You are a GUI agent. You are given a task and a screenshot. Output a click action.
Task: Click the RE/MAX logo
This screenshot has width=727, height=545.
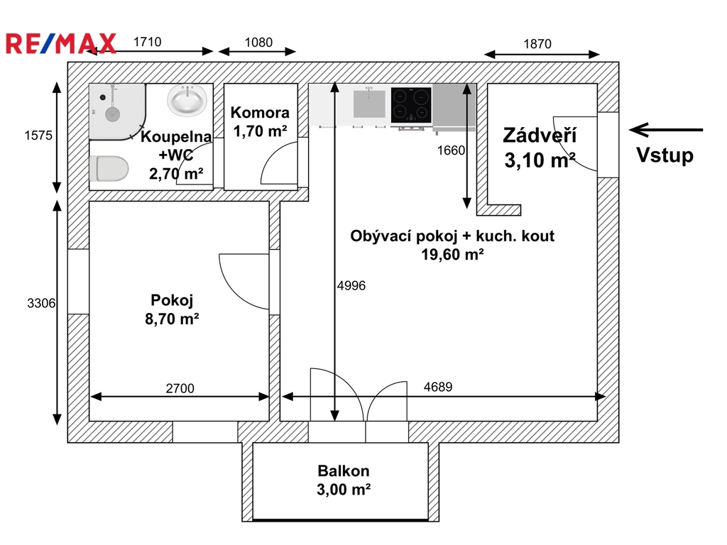point(61,44)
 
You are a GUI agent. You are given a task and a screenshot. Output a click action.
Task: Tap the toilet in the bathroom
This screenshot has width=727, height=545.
point(109,168)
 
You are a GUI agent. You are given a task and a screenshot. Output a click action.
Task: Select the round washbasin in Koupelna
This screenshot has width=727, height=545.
point(187,100)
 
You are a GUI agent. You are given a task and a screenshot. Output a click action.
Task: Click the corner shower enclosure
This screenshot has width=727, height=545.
point(118,111)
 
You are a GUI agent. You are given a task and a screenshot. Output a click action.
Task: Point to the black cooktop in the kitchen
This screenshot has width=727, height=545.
point(411,105)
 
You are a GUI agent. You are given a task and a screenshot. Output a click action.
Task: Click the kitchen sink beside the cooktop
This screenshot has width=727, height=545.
point(369,104)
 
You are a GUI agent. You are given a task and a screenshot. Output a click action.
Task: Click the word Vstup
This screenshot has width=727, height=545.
point(665,155)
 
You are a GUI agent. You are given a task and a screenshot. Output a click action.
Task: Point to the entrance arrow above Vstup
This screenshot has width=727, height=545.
point(666,131)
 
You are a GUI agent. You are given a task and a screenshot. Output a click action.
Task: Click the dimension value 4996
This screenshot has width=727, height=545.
point(351,285)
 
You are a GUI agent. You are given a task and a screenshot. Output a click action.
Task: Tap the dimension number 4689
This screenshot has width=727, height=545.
point(437,387)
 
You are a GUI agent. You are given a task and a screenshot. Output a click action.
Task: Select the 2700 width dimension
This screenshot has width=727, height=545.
point(180,388)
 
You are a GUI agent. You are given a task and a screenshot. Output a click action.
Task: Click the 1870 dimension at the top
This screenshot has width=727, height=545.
point(537,44)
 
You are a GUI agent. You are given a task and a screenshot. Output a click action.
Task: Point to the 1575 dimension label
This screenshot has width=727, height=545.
point(38,136)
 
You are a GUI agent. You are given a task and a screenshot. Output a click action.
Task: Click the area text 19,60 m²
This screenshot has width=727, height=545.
point(452,255)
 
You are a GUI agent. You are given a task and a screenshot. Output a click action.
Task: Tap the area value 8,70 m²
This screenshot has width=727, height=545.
point(172,319)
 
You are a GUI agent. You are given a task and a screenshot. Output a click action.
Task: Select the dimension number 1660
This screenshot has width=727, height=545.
point(451,150)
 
